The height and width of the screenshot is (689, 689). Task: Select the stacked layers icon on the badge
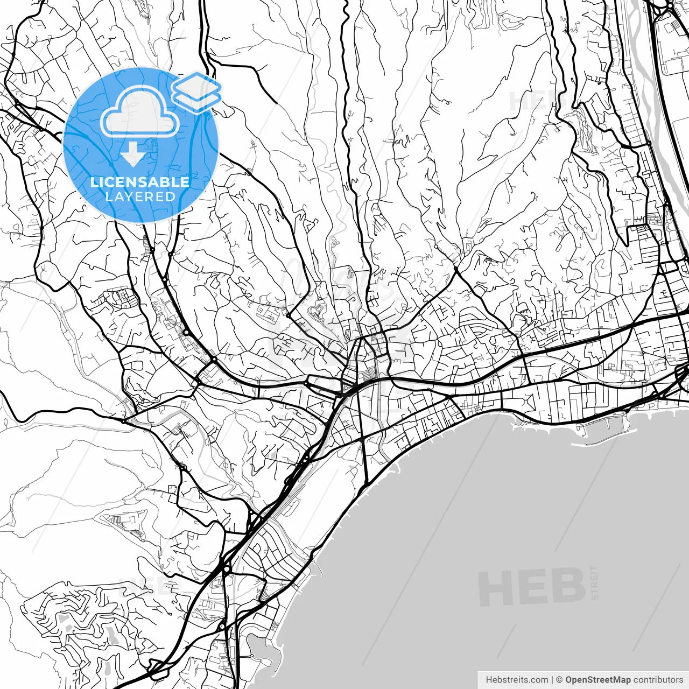click(196, 92)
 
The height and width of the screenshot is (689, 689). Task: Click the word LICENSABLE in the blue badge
click(140, 182)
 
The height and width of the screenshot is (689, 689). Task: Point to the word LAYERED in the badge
click(140, 196)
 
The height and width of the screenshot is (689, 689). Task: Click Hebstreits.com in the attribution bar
click(517, 680)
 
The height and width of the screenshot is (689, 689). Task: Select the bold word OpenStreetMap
click(599, 680)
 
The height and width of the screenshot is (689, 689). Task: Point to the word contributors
click(658, 680)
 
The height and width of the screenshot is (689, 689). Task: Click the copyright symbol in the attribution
click(560, 680)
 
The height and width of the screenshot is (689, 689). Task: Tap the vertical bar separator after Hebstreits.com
click(552, 680)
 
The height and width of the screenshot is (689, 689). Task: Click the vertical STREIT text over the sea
click(594, 582)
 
